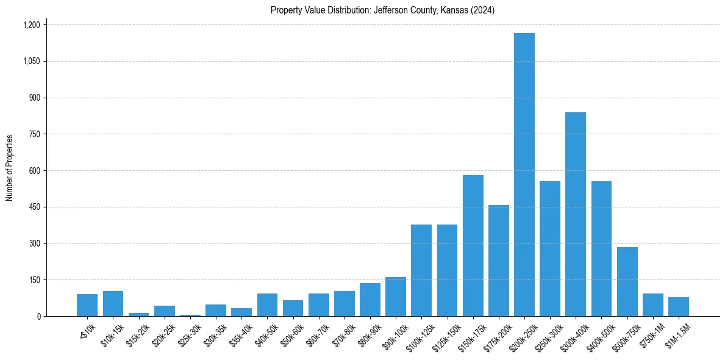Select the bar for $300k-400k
[x=576, y=214]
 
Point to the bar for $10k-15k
[x=113, y=304]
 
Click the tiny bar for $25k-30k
[x=190, y=315]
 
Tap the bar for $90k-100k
[x=396, y=297]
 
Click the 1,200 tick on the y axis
[x=31, y=25]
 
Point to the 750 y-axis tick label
[x=35, y=134]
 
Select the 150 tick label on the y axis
[x=35, y=280]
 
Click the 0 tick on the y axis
[x=38, y=317]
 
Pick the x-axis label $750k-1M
[x=650, y=331]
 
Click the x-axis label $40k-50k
[x=266, y=331]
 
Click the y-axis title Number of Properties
[x=10, y=168]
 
